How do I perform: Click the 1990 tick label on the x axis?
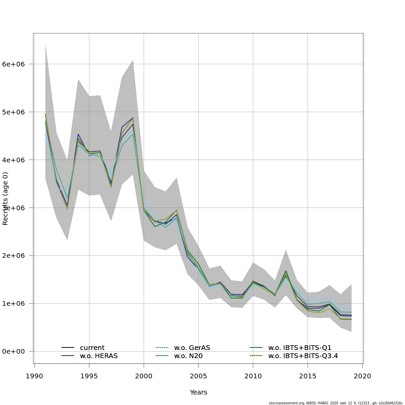(x=34, y=376)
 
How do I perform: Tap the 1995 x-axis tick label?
(x=89, y=376)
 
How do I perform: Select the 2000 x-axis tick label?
(x=144, y=376)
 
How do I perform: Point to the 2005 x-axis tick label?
(x=198, y=376)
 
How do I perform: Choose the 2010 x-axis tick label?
(x=253, y=376)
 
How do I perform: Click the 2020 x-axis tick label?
(x=362, y=376)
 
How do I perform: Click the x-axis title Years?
(x=198, y=393)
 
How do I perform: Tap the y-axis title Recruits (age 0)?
(x=5, y=198)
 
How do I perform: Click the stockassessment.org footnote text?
(x=336, y=403)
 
